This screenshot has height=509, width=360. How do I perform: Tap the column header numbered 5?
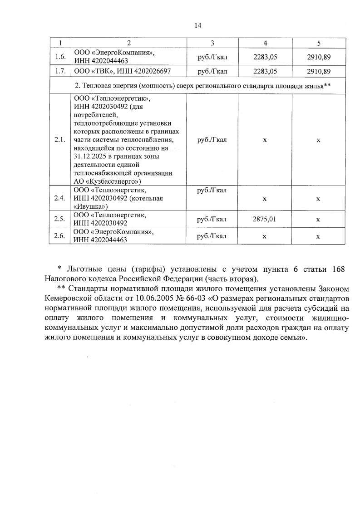pos(318,43)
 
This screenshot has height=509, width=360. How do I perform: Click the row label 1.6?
pos(60,57)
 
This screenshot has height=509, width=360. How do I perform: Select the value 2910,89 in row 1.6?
pos(318,57)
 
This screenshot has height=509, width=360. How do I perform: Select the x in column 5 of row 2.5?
pos(318,220)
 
